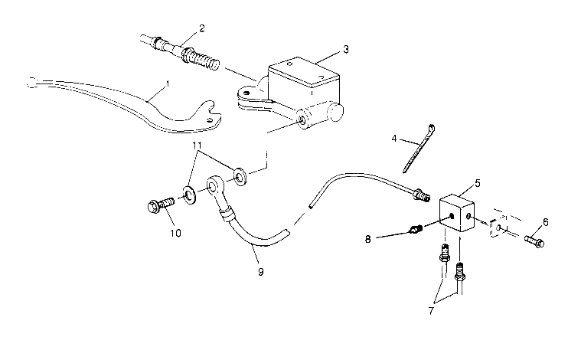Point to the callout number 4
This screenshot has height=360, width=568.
point(395,140)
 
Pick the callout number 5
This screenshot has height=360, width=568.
point(478,184)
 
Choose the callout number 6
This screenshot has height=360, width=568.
point(545,222)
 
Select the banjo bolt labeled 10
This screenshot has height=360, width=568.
point(159,205)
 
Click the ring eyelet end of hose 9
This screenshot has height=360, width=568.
point(216,187)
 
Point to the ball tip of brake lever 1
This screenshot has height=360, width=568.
point(31,81)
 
